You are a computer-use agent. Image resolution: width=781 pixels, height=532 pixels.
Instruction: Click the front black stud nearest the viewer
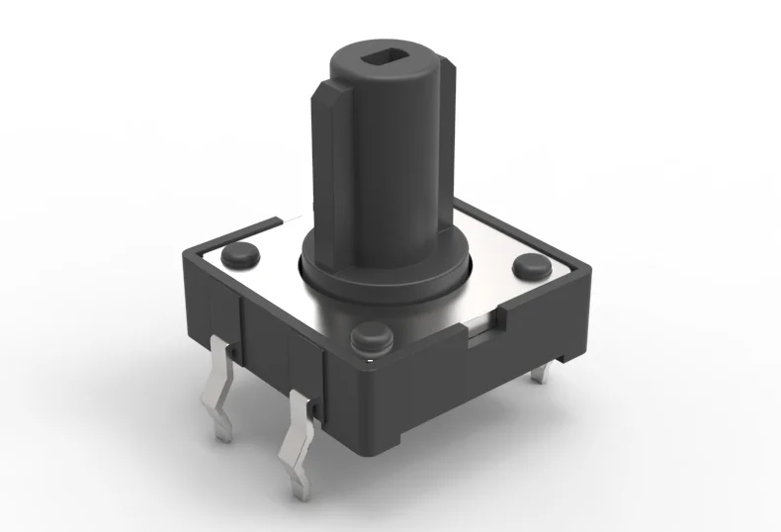[369, 339]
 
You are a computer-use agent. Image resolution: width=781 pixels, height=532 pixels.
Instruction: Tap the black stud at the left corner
[240, 256]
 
